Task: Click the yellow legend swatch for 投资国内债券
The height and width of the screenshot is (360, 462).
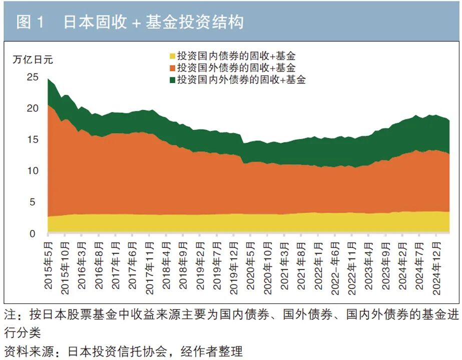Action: click(173, 56)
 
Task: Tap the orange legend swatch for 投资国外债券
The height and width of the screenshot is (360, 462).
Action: click(173, 68)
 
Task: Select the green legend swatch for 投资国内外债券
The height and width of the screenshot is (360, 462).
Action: click(173, 79)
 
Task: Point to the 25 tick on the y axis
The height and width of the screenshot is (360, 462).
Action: click(33, 77)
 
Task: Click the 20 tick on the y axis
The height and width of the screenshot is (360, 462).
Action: click(33, 108)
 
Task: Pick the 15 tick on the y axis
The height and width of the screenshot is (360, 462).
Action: click(33, 139)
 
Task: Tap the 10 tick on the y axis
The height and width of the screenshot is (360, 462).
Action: click(33, 170)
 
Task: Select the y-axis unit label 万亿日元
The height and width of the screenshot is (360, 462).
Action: click(33, 59)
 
